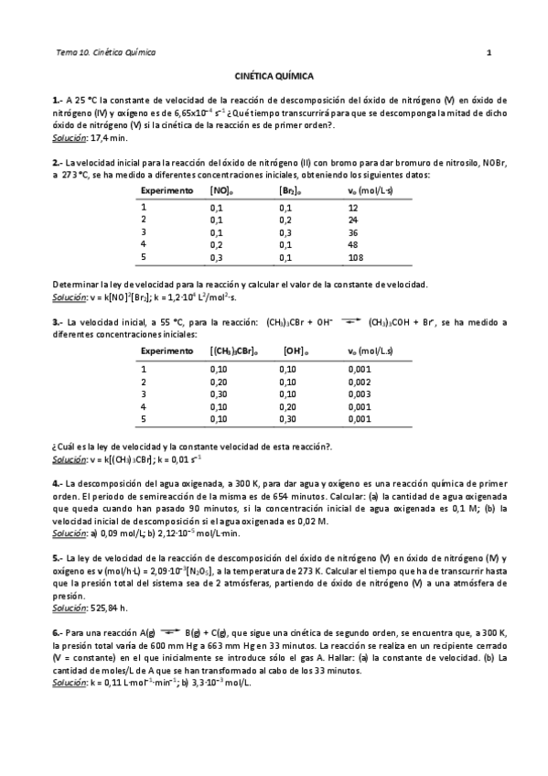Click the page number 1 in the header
489,52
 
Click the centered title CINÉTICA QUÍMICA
274,79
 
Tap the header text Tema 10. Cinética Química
106,52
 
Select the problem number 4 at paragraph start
57,482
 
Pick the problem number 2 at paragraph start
57,162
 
